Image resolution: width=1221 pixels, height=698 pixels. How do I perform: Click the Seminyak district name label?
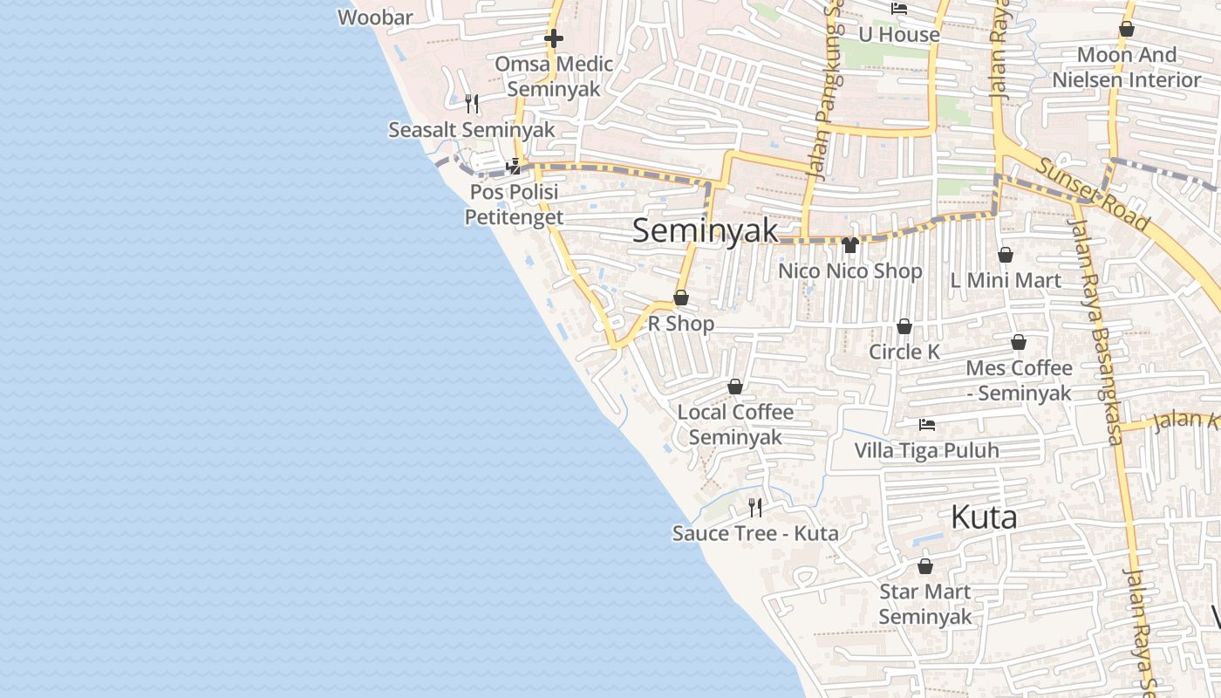705,231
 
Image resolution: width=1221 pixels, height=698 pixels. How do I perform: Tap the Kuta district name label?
984,517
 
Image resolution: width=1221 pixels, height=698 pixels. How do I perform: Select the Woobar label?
375,17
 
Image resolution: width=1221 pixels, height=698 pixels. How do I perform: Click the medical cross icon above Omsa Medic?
553,38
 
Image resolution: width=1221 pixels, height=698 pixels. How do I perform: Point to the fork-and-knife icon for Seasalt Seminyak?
472,105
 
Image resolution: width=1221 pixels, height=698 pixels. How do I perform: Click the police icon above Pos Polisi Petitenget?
514,166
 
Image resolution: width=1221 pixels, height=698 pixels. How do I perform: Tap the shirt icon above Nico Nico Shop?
850,245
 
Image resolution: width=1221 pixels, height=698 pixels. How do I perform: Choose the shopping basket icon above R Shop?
681,298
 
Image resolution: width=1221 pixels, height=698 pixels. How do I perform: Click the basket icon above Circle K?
904,326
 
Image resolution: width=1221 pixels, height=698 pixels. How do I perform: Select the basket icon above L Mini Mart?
1006,255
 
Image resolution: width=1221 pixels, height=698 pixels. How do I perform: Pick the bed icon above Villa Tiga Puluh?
927,425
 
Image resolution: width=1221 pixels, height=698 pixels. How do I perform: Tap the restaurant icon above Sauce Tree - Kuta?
755,507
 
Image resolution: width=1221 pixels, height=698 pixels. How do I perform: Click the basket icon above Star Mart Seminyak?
924,566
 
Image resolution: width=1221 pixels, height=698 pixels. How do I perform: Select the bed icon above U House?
899,9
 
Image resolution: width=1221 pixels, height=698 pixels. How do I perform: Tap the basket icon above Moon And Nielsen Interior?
1127,30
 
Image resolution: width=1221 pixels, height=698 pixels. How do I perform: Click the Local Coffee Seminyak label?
735,424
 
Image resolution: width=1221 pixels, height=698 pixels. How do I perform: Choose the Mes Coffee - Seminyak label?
1019,380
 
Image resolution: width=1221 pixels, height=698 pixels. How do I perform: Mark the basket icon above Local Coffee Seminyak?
735,387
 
